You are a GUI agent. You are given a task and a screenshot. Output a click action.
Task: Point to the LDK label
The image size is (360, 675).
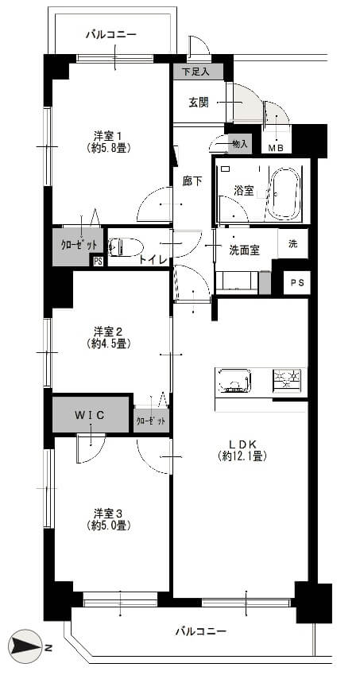click(242, 444)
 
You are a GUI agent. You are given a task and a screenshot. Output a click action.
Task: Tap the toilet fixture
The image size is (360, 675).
click(126, 247)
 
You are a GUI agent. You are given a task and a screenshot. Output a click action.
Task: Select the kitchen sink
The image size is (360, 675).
click(233, 381)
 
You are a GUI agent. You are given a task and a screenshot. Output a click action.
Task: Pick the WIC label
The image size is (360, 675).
click(90, 416)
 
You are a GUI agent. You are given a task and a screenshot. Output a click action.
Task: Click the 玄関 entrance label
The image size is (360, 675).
click(199, 103)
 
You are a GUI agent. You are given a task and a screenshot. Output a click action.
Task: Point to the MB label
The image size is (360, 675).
click(276, 148)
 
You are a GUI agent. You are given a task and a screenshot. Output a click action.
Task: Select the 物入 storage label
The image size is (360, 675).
click(239, 144)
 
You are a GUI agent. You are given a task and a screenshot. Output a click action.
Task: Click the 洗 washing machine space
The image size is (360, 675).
click(293, 243)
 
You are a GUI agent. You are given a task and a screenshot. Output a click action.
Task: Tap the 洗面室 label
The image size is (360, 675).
click(244, 250)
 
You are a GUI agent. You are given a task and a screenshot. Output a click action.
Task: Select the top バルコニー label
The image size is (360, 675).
click(111, 34)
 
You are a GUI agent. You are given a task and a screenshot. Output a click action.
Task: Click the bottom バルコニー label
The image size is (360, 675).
click(201, 631)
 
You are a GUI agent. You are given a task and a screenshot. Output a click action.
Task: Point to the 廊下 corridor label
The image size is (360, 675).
click(192, 181)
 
